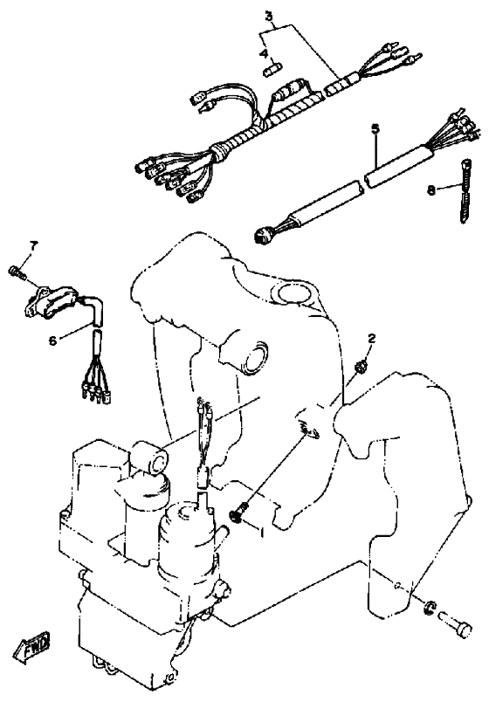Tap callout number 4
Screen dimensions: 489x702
[x=265, y=54]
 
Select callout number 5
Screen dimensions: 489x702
[x=375, y=128]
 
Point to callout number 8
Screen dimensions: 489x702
[x=430, y=189]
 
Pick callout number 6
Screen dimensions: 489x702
[x=53, y=341]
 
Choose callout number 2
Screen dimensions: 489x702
[x=371, y=338]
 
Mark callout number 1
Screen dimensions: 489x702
[x=263, y=533]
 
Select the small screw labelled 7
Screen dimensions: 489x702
[x=17, y=272]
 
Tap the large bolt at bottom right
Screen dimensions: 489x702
[x=456, y=623]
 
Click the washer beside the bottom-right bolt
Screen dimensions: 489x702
[x=430, y=607]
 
